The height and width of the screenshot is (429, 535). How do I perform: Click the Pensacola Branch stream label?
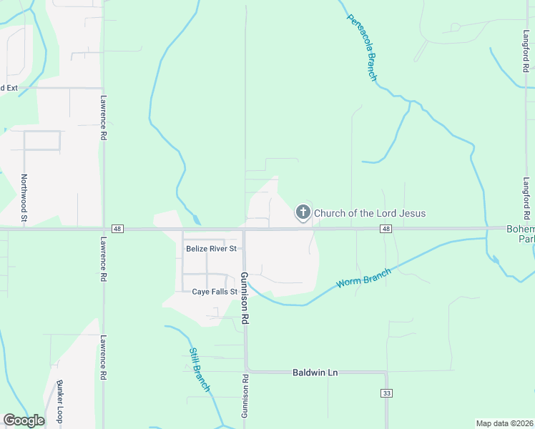(362, 47)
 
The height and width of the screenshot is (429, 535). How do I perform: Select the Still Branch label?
(200, 369)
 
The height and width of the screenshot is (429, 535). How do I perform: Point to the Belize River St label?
(211, 249)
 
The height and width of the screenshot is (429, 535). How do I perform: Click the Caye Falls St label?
(215, 292)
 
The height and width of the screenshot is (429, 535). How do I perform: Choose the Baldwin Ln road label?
(315, 373)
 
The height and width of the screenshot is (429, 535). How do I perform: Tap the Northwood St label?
(24, 197)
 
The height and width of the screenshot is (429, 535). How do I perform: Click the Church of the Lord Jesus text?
(370, 213)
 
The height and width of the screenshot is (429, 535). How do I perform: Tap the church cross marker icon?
(303, 212)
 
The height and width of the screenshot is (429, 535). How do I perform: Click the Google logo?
(24, 420)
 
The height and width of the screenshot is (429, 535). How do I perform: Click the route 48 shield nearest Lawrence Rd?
(118, 229)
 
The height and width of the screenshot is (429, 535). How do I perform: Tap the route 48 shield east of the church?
(386, 229)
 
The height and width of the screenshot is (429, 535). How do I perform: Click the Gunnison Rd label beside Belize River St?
(245, 299)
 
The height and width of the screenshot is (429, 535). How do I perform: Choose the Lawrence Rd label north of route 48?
(104, 117)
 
